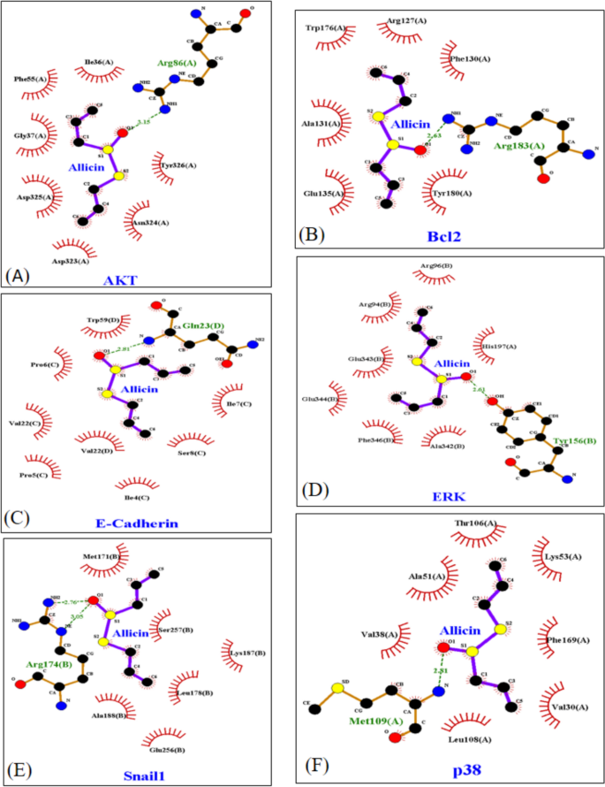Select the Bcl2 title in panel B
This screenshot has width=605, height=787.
442,238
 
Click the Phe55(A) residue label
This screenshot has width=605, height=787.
31,80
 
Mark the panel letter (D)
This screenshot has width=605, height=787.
314,489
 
